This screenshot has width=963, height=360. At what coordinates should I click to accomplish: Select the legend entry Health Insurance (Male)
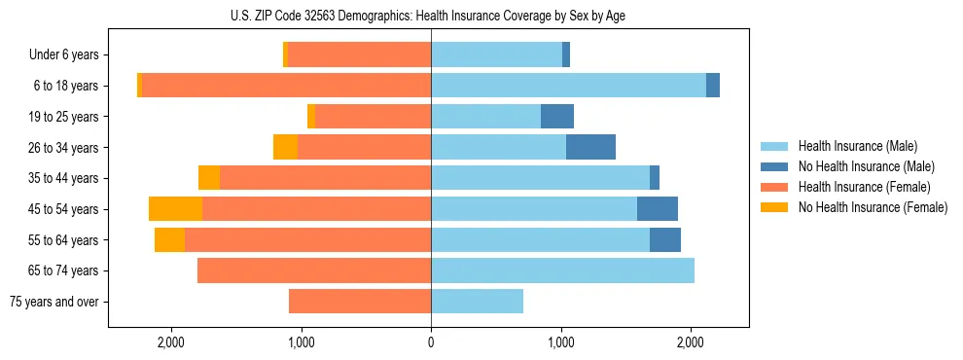(x=857, y=146)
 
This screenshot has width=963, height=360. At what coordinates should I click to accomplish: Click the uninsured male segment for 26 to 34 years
(x=590, y=147)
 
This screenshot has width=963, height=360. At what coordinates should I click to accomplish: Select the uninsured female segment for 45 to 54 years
(x=175, y=209)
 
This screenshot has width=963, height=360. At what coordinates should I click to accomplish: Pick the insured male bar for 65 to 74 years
(x=562, y=270)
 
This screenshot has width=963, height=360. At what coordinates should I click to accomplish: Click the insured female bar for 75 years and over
(x=360, y=302)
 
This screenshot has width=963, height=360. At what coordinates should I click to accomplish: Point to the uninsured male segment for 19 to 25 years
(x=557, y=117)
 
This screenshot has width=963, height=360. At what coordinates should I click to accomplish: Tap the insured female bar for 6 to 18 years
(x=287, y=86)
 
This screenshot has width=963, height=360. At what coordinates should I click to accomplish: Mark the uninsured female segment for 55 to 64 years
(x=169, y=240)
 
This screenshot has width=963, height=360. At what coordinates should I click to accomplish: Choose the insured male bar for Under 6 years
(x=496, y=55)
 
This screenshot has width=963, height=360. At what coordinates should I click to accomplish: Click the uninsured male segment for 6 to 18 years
(x=713, y=86)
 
